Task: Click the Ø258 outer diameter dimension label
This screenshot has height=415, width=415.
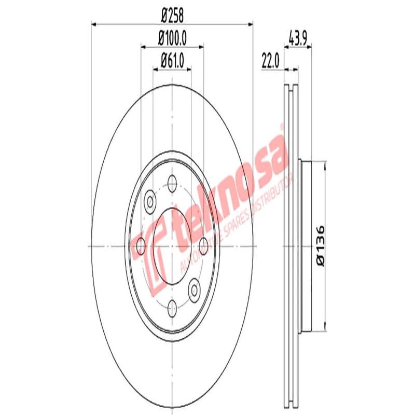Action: [172, 16]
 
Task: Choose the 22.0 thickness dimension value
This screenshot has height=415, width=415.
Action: [270, 61]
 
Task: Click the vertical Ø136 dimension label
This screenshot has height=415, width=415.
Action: [320, 246]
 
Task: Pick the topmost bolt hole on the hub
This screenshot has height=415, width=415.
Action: [172, 182]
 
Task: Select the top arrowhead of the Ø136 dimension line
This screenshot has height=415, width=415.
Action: [325, 164]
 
